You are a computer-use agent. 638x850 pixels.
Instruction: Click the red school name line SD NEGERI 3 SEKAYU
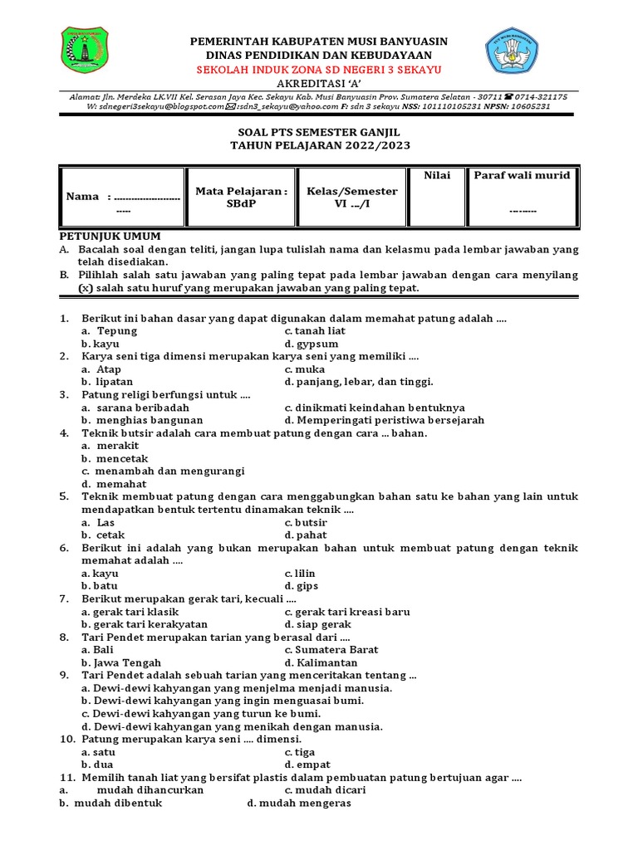click(319, 69)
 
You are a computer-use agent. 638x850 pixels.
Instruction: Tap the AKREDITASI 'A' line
click(319, 84)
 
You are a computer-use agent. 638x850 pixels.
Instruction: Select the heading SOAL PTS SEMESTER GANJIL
click(319, 132)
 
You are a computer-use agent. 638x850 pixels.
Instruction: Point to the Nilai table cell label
click(437, 175)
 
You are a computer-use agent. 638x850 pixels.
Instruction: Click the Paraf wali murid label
click(522, 175)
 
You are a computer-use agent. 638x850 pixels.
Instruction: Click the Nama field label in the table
click(83, 197)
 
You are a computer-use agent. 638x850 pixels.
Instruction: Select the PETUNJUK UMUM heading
click(109, 237)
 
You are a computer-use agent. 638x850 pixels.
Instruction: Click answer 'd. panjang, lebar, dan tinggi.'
click(358, 382)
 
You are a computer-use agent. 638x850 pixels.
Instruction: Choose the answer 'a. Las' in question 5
click(98, 522)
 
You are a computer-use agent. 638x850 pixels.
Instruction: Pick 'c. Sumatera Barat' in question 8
click(331, 650)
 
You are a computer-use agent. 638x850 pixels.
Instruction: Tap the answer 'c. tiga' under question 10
click(299, 751)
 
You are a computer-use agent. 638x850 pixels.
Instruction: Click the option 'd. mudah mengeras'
click(299, 803)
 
